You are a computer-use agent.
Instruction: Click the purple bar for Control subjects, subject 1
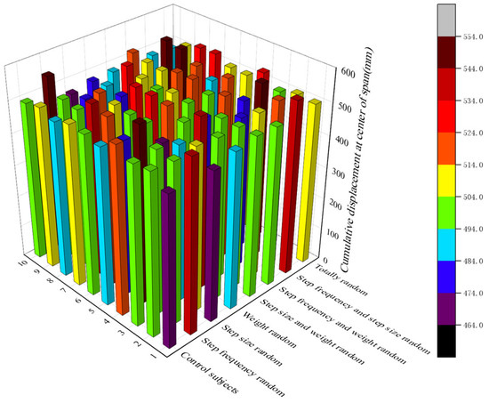(169, 267)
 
